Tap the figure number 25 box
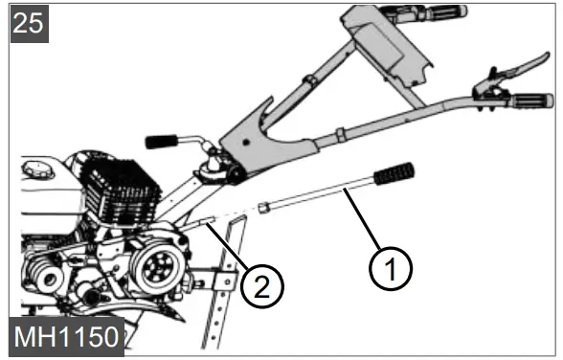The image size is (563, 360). click(29, 23)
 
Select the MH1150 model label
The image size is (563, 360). click(64, 338)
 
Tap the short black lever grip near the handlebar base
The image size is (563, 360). click(164, 141)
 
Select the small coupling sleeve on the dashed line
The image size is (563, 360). click(266, 207)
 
